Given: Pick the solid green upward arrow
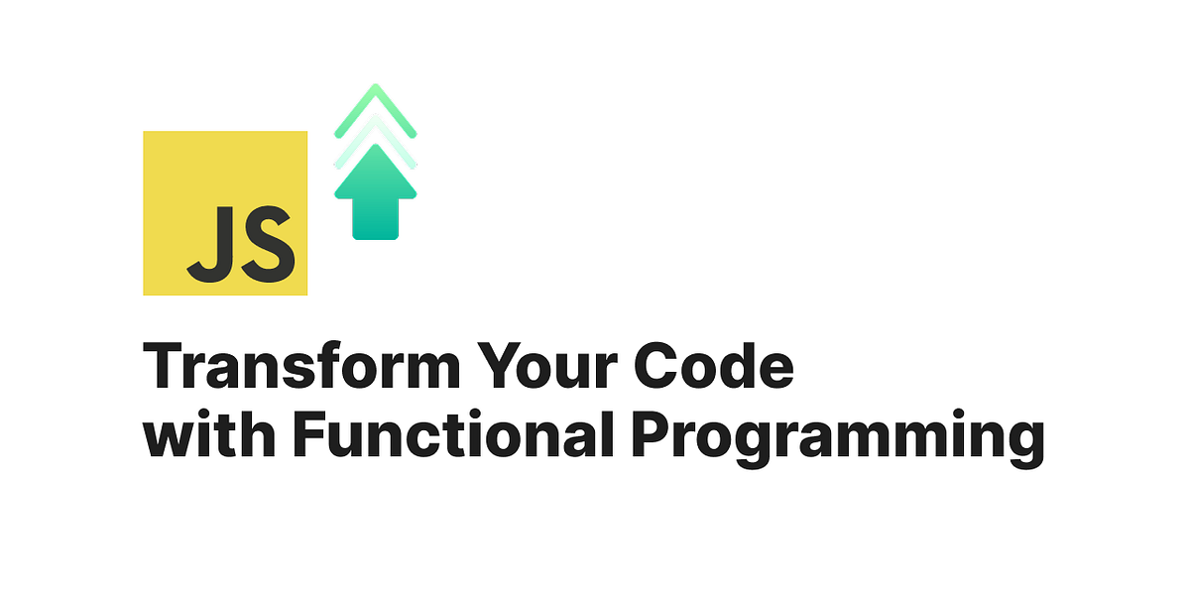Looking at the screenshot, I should point(376,188).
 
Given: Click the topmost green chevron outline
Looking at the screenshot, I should point(376,99).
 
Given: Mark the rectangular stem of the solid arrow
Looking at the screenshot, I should point(376,218).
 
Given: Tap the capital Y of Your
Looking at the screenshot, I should point(494,368).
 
